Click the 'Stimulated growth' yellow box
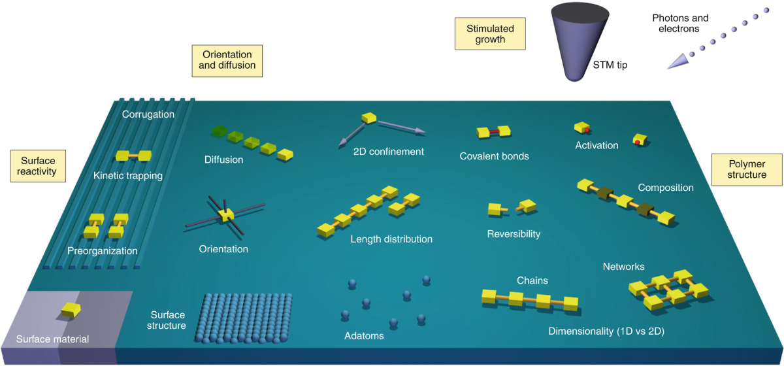coord(490,34)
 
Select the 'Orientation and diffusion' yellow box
coord(227,60)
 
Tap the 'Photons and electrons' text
coord(680,24)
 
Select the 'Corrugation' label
coord(148,114)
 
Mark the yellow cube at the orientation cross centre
coord(226,215)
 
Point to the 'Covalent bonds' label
coord(494,156)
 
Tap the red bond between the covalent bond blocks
coord(495,132)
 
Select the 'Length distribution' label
coord(391,239)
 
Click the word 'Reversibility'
coord(514,233)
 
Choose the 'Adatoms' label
coord(364,336)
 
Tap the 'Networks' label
coord(623,266)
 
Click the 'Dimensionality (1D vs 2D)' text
coord(606,331)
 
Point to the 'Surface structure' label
coord(168,320)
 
